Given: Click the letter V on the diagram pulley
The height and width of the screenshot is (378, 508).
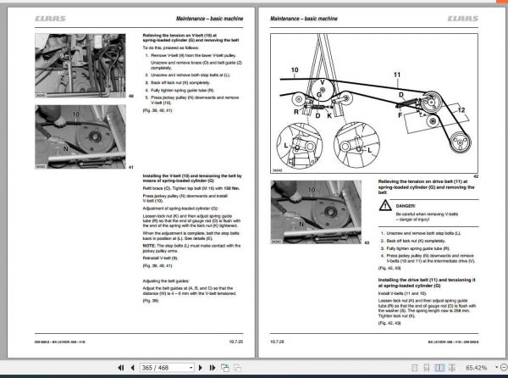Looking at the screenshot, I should pyautogui.click(x=323, y=82).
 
